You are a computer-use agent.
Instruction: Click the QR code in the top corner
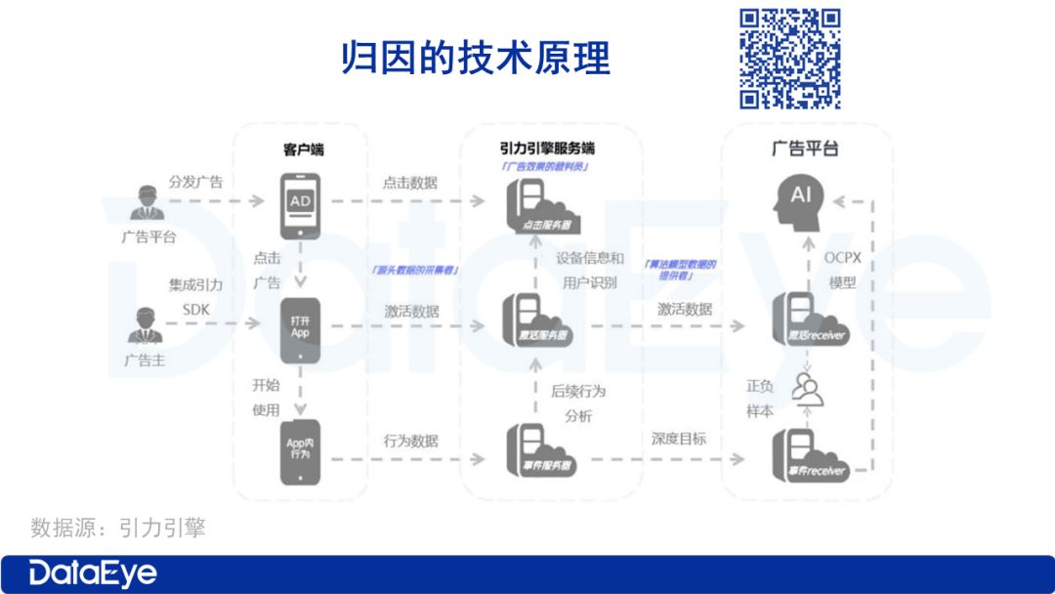[x=789, y=58]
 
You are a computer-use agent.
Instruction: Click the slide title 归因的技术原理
[x=476, y=58]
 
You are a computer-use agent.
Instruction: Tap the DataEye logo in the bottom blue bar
[x=93, y=573]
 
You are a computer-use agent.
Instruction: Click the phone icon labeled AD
[x=300, y=206]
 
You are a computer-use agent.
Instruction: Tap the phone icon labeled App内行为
[x=300, y=450]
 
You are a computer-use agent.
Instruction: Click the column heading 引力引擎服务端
[x=546, y=148]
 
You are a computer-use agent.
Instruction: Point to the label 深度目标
[x=679, y=439]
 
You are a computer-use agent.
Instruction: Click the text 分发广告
[x=195, y=182]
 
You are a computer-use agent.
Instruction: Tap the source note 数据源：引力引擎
[x=118, y=528]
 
